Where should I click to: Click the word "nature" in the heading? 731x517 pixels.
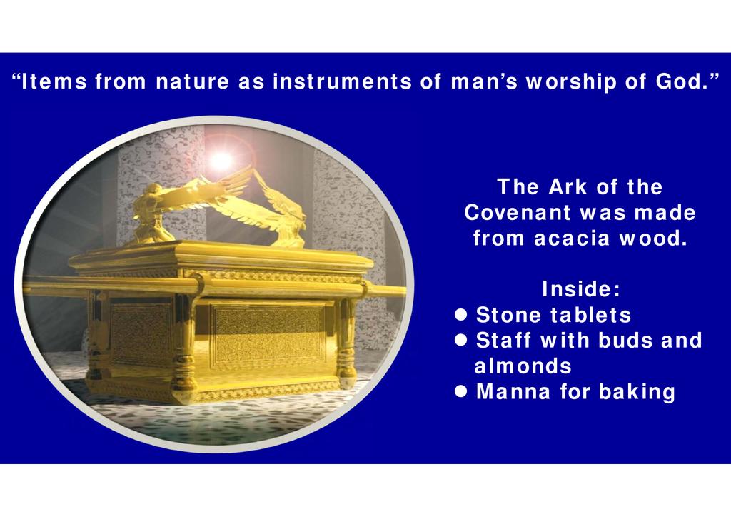192,82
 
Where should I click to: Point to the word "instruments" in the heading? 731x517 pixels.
342,81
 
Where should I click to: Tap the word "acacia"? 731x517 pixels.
572,239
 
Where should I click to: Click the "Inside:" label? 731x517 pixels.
581,289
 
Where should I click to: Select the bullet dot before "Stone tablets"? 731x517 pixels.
460,315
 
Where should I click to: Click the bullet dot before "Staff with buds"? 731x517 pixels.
460,341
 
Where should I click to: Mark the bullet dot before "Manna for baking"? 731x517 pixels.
460,391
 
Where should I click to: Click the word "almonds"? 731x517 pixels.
523,366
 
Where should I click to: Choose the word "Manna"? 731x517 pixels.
513,391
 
